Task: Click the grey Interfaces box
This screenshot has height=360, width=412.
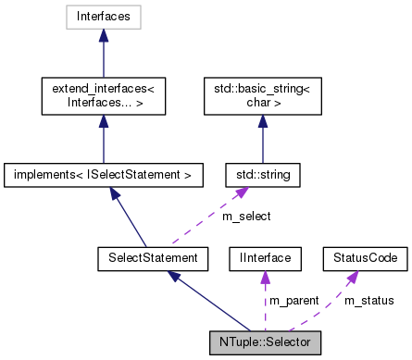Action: click(x=103, y=17)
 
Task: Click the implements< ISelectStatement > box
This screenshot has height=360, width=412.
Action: click(x=103, y=173)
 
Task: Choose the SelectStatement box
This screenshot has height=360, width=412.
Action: click(x=148, y=256)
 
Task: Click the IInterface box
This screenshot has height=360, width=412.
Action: click(x=264, y=256)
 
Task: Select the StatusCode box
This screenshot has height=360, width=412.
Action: click(x=364, y=256)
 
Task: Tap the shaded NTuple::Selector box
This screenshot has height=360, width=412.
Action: click(x=266, y=341)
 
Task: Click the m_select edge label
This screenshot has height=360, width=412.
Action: click(x=245, y=216)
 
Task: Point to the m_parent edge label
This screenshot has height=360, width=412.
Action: click(x=293, y=300)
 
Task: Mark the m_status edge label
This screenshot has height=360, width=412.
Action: click(x=368, y=300)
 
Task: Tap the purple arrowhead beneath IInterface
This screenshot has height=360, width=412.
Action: click(x=264, y=275)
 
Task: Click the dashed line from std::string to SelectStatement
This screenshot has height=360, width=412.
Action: click(x=204, y=220)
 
